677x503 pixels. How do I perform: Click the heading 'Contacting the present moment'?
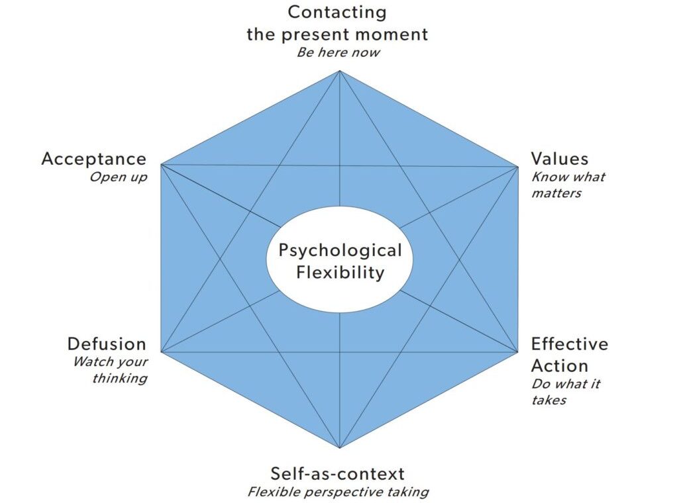pyautogui.click(x=337, y=23)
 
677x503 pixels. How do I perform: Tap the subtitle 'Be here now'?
pyautogui.click(x=338, y=52)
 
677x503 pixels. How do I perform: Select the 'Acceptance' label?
pyautogui.click(x=93, y=159)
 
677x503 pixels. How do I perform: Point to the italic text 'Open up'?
pyautogui.click(x=119, y=177)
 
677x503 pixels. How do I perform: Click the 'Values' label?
pyautogui.click(x=559, y=159)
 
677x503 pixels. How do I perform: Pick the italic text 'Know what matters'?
pyautogui.click(x=567, y=185)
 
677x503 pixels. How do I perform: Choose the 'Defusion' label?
pyautogui.click(x=106, y=344)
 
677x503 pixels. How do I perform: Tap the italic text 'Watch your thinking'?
pyautogui.click(x=110, y=370)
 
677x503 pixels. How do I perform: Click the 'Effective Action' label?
pyautogui.click(x=569, y=355)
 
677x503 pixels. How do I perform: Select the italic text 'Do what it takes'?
pyautogui.click(x=566, y=392)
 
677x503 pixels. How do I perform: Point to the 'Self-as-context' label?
pyautogui.click(x=337, y=473)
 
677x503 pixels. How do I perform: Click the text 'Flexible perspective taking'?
pyautogui.click(x=338, y=492)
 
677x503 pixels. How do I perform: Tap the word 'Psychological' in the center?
pyautogui.click(x=340, y=251)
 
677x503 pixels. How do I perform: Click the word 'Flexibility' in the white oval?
pyautogui.click(x=340, y=272)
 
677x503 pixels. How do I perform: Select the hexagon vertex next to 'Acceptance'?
pyautogui.click(x=162, y=165)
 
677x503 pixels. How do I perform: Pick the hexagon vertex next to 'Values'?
pyautogui.click(x=517, y=166)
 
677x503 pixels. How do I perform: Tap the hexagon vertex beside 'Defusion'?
pyautogui.click(x=162, y=351)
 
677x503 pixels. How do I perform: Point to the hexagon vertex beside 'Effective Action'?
pyautogui.click(x=517, y=351)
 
